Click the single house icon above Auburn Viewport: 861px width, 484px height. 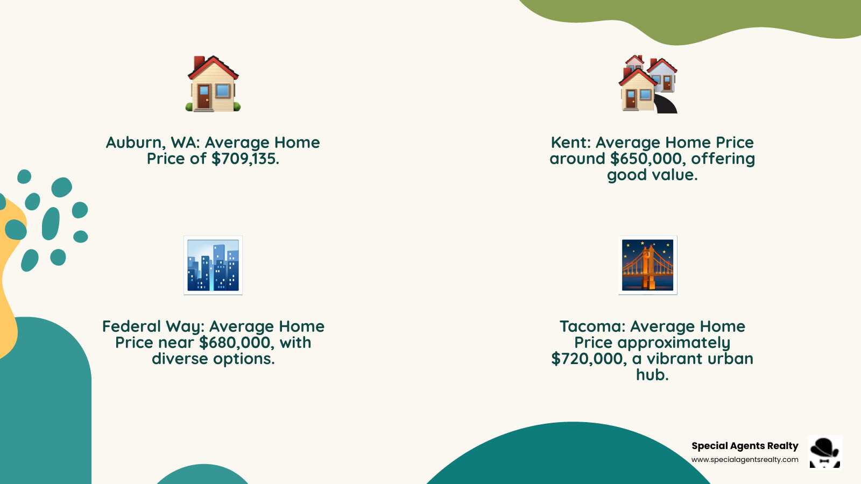click(x=213, y=84)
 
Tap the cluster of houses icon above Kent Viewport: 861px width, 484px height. click(x=648, y=84)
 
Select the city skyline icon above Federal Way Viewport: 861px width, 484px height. click(x=213, y=265)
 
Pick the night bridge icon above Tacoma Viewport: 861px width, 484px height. click(x=648, y=265)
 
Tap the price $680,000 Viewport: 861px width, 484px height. click(x=235, y=343)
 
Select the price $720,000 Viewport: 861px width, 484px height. click(x=588, y=359)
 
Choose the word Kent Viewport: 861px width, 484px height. click(x=570, y=143)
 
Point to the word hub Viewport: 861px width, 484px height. click(x=652, y=375)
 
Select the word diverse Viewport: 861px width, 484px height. click(x=179, y=359)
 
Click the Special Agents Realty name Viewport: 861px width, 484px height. click(x=745, y=446)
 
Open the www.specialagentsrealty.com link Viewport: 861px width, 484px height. click(x=745, y=460)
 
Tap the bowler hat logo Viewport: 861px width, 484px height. click(x=824, y=452)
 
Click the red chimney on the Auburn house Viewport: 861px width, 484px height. click(x=199, y=62)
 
